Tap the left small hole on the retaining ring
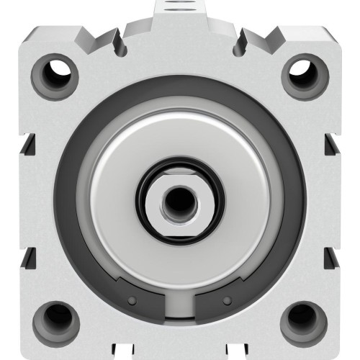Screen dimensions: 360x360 [132, 299]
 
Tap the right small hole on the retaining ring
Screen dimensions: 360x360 [228, 299]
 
